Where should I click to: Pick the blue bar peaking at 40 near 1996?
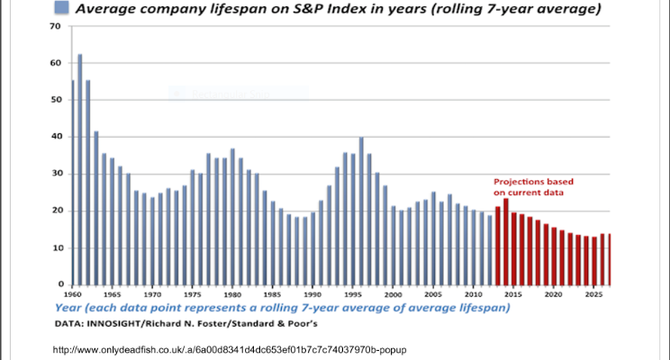(361, 211)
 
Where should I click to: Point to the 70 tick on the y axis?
(55, 26)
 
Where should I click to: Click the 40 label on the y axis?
(55, 137)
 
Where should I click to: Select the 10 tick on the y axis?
(55, 247)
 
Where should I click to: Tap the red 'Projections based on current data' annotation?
(532, 186)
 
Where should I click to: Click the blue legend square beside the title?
(61, 9)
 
